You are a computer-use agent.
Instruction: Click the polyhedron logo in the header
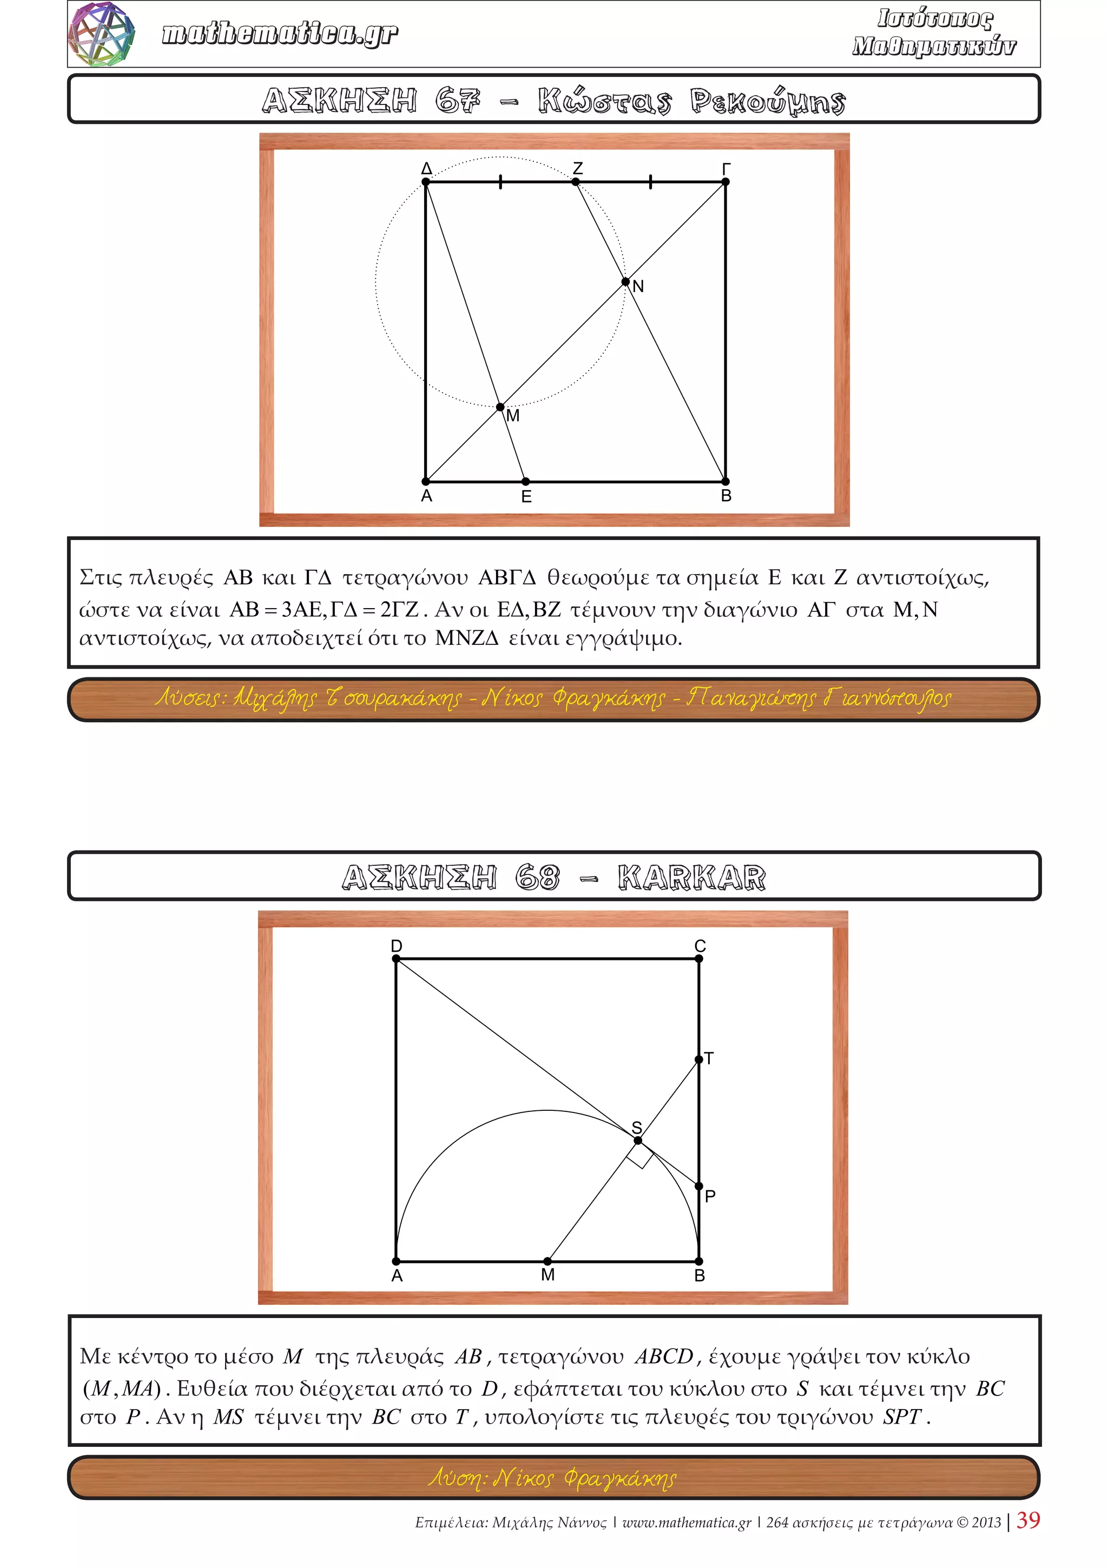(102, 34)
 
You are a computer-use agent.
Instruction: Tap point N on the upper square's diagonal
(625, 282)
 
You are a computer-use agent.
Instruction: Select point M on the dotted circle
(500, 407)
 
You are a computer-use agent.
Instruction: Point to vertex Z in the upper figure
(576, 182)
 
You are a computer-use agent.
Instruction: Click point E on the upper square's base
(525, 482)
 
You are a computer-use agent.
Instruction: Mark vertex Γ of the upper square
(726, 182)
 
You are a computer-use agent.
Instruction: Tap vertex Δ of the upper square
(426, 182)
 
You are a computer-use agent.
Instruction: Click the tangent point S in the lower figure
(638, 1141)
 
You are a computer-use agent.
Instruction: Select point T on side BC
(698, 1059)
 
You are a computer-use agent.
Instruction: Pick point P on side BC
(698, 1186)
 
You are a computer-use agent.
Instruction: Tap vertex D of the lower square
(397, 958)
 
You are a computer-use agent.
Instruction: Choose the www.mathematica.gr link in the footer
(687, 1522)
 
